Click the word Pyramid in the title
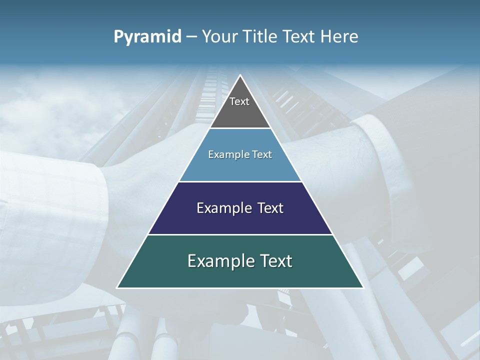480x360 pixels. pos(147,37)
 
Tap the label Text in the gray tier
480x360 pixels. pos(239,101)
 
